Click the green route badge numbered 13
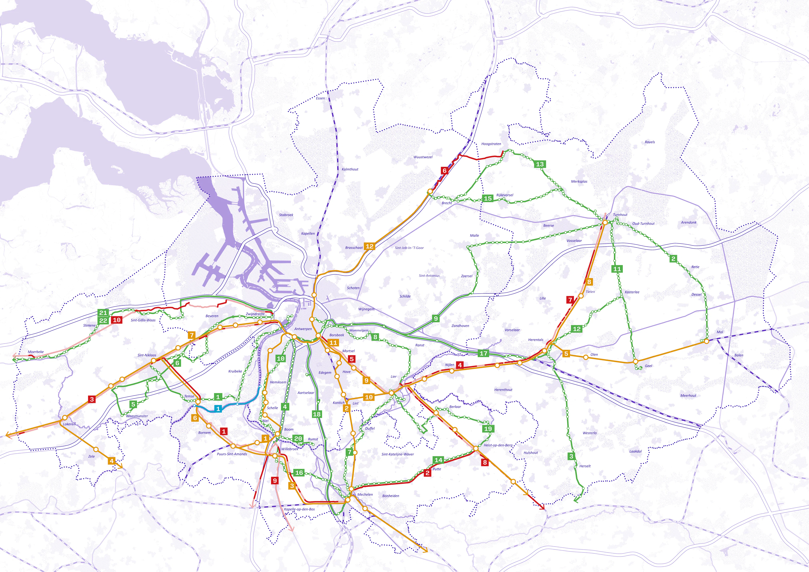tap(540, 164)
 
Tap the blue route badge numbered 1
tap(218, 409)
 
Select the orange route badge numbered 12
tap(369, 246)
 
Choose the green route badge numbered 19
tap(488, 429)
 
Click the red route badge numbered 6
tap(444, 170)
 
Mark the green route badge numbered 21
tap(103, 313)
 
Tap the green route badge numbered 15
tap(488, 198)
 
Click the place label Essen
tap(320, 98)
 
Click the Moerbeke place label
tap(36, 352)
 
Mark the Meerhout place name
tap(688, 396)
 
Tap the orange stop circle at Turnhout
tap(605, 223)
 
